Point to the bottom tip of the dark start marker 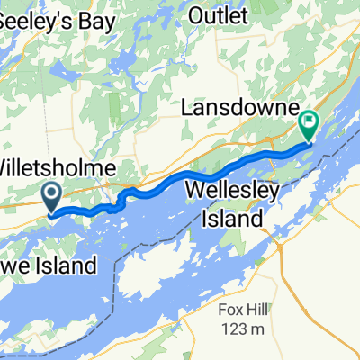pyautogui.click(x=50, y=213)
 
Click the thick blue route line pyautogui.click(x=180, y=176)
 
